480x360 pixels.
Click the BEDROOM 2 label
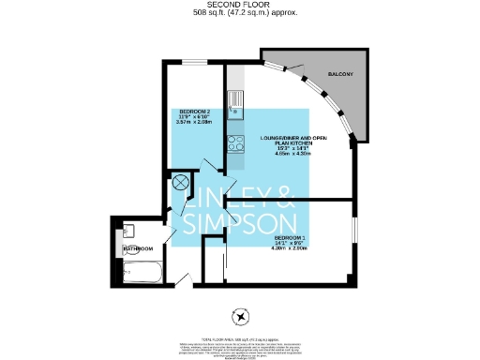coord(195,112)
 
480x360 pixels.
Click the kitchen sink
coord(234,97)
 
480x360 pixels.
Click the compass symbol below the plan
coord(241,315)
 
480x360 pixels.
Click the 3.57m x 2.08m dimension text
coord(195,124)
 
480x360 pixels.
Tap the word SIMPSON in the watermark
coord(240,223)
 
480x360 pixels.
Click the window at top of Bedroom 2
coord(195,62)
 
